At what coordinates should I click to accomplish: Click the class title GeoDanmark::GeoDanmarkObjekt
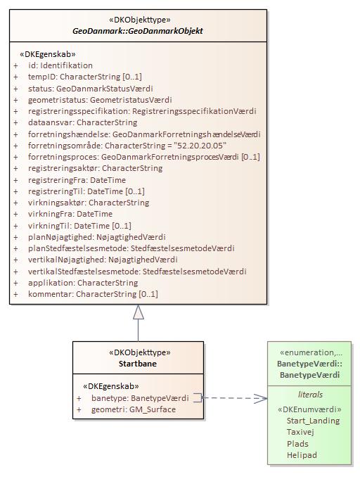(x=138, y=32)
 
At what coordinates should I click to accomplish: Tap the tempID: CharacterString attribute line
(x=84, y=77)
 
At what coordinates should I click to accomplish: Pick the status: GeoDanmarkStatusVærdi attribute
(x=88, y=88)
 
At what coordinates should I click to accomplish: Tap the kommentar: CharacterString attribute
(x=93, y=294)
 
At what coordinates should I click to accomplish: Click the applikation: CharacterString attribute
(x=93, y=283)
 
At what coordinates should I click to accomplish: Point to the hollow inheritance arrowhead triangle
(x=139, y=312)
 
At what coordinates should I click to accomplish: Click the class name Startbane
(x=138, y=364)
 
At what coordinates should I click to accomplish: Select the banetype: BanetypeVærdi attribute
(x=140, y=398)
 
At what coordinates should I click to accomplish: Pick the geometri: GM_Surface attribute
(x=134, y=409)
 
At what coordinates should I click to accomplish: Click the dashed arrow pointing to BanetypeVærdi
(x=236, y=398)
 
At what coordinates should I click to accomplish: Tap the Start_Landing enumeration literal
(x=313, y=421)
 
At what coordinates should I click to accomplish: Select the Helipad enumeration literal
(x=302, y=455)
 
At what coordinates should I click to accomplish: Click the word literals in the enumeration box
(x=310, y=395)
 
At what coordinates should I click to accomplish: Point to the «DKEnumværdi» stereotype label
(x=310, y=409)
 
